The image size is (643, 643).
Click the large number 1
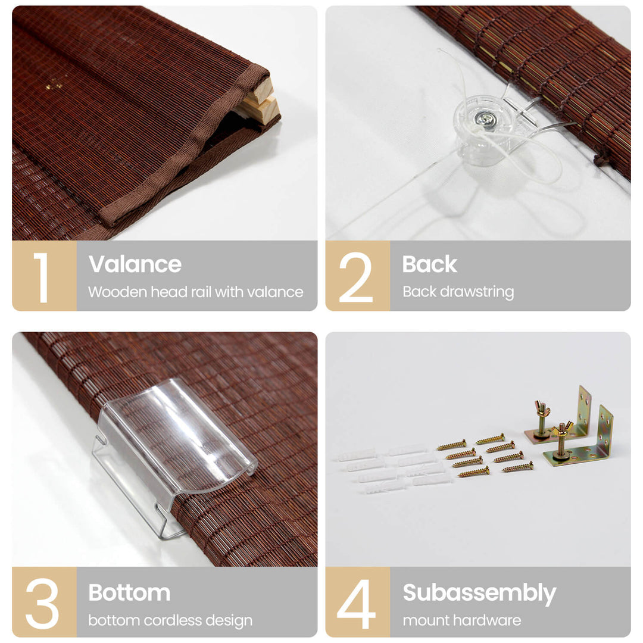click(x=42, y=277)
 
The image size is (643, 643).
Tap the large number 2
click(x=356, y=277)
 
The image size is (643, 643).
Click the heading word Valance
click(x=135, y=264)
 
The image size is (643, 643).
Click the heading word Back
click(x=429, y=264)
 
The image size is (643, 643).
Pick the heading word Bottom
click(x=130, y=592)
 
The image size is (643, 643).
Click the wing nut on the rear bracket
click(x=542, y=410)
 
